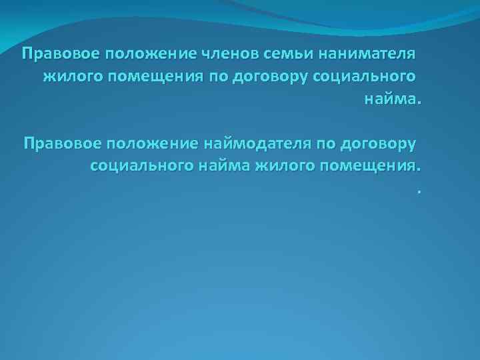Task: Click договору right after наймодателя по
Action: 379,143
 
